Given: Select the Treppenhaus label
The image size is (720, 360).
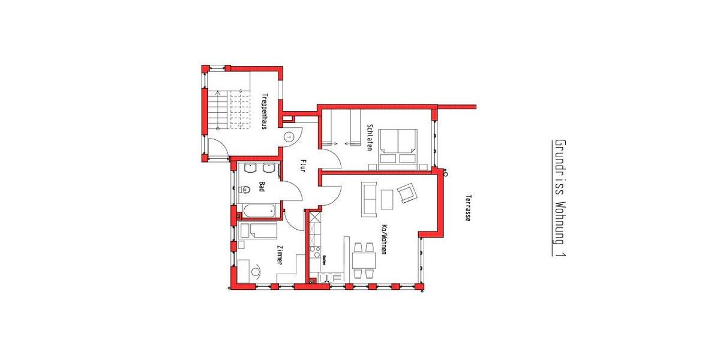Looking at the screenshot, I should coord(264,111).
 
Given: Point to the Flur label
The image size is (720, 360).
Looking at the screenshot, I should coord(303,165).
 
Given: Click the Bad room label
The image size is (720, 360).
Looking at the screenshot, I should coord(262,187).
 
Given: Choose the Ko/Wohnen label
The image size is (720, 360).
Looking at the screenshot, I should coord(383,239).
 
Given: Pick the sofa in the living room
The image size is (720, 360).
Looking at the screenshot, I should coord(368,199).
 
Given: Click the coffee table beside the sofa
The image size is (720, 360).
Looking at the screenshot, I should coord(387,199).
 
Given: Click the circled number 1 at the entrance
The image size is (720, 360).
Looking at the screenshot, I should coord(289,137).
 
